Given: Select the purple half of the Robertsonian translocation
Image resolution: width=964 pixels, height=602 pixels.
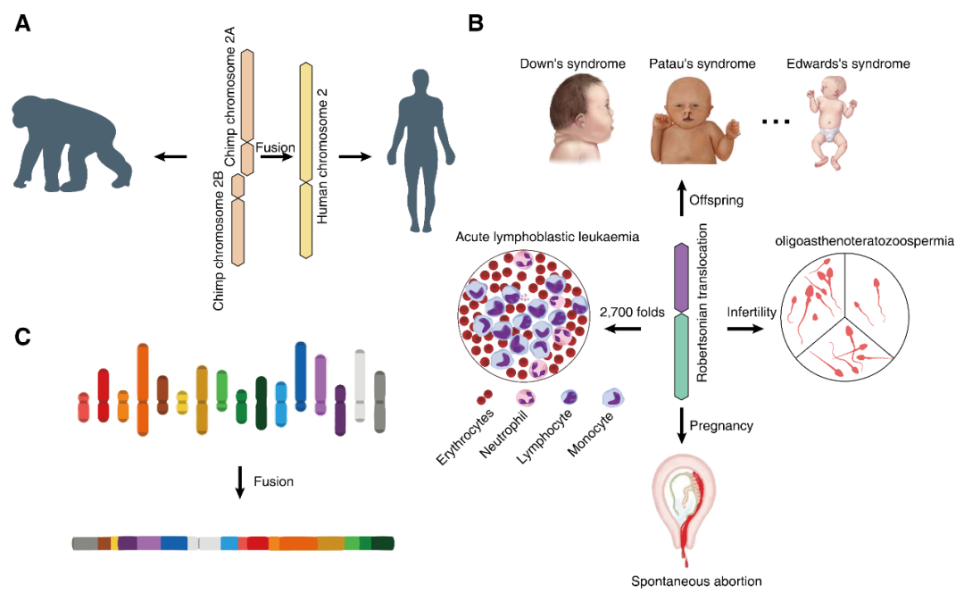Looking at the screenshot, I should pyautogui.click(x=682, y=276).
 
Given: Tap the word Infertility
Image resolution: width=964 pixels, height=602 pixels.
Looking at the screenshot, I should pyautogui.click(x=752, y=312).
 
